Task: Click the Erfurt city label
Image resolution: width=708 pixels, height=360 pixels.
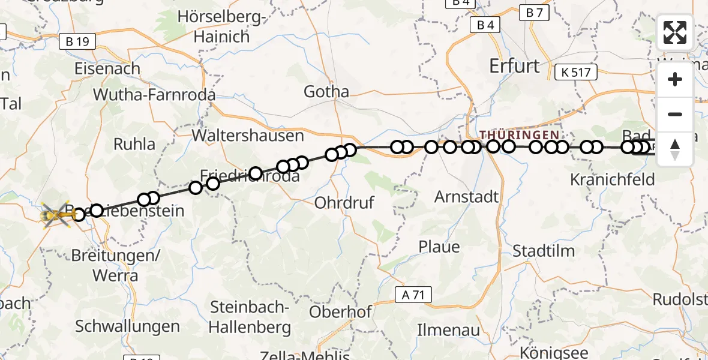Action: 514,65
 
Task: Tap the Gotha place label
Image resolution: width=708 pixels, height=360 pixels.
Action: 326,92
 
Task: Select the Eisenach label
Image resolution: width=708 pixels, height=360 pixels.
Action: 107,68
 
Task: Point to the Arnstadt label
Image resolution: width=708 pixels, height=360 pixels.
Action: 467,196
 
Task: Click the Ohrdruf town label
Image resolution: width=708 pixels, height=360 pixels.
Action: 344,202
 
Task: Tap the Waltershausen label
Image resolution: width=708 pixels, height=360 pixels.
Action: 248,135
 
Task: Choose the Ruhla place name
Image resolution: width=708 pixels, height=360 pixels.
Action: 134,144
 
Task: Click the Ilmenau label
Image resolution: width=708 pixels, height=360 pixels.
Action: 449,330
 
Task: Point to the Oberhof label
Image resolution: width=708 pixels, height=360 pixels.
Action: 340,312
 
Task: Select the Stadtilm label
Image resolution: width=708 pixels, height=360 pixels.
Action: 544,251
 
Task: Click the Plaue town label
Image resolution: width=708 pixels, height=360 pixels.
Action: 439,247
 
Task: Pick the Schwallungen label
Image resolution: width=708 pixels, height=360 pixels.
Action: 127,326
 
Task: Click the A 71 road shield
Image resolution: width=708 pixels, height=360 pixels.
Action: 413,294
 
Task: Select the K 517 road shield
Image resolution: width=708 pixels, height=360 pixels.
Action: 576,73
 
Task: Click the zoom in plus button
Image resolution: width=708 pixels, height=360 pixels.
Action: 675,80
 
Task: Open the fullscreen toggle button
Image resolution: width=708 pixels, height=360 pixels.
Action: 675,32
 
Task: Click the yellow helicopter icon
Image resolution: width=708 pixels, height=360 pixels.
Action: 55,214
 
